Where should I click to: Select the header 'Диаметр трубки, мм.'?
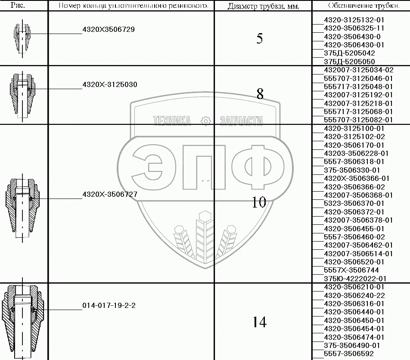[x=263, y=6]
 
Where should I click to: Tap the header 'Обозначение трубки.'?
[x=360, y=6]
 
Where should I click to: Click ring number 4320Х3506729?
[x=109, y=30]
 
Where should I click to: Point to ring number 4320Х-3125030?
[x=110, y=85]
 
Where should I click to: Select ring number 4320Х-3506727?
[x=110, y=195]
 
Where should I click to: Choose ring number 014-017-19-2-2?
[x=109, y=306]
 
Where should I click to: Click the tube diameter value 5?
[x=260, y=39]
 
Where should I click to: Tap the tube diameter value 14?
[x=259, y=322]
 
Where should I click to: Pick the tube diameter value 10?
[x=259, y=202]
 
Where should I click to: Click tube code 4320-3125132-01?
[x=354, y=20]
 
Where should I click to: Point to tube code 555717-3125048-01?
[x=358, y=86]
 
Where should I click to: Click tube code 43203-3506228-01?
[x=356, y=153]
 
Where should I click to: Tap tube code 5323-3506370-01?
[x=354, y=203]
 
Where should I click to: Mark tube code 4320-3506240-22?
[x=354, y=295]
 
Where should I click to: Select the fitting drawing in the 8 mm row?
[x=21, y=93]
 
